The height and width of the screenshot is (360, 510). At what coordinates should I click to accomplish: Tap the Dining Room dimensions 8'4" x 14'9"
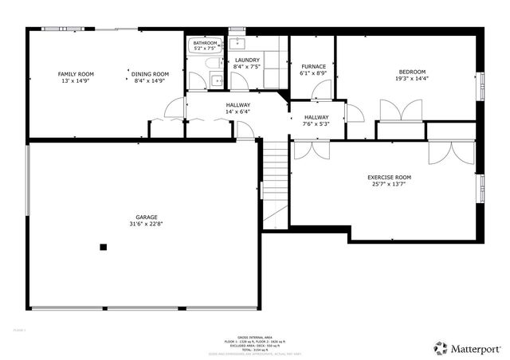pyautogui.click(x=149, y=80)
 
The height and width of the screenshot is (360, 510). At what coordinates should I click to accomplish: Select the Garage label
pyautogui.click(x=146, y=217)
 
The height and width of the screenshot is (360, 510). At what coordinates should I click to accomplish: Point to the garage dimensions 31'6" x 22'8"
pyautogui.click(x=146, y=224)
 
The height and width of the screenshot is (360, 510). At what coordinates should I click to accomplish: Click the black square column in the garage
pyautogui.click(x=103, y=247)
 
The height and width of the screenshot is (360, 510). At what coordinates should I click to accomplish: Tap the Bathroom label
pyautogui.click(x=205, y=43)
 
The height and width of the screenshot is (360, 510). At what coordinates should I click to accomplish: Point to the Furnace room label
pyautogui.click(x=312, y=66)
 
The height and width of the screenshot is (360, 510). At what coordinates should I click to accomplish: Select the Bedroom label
pyautogui.click(x=412, y=72)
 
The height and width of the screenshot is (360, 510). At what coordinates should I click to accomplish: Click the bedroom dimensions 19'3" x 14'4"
pyautogui.click(x=412, y=79)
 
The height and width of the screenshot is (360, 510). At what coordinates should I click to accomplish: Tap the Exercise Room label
pyautogui.click(x=389, y=177)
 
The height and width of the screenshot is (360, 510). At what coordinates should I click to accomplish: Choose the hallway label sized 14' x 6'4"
pyautogui.click(x=237, y=105)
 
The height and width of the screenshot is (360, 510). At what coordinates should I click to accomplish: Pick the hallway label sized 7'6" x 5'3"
pyautogui.click(x=316, y=117)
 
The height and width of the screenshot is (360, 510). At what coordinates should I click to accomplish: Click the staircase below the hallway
pyautogui.click(x=274, y=179)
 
